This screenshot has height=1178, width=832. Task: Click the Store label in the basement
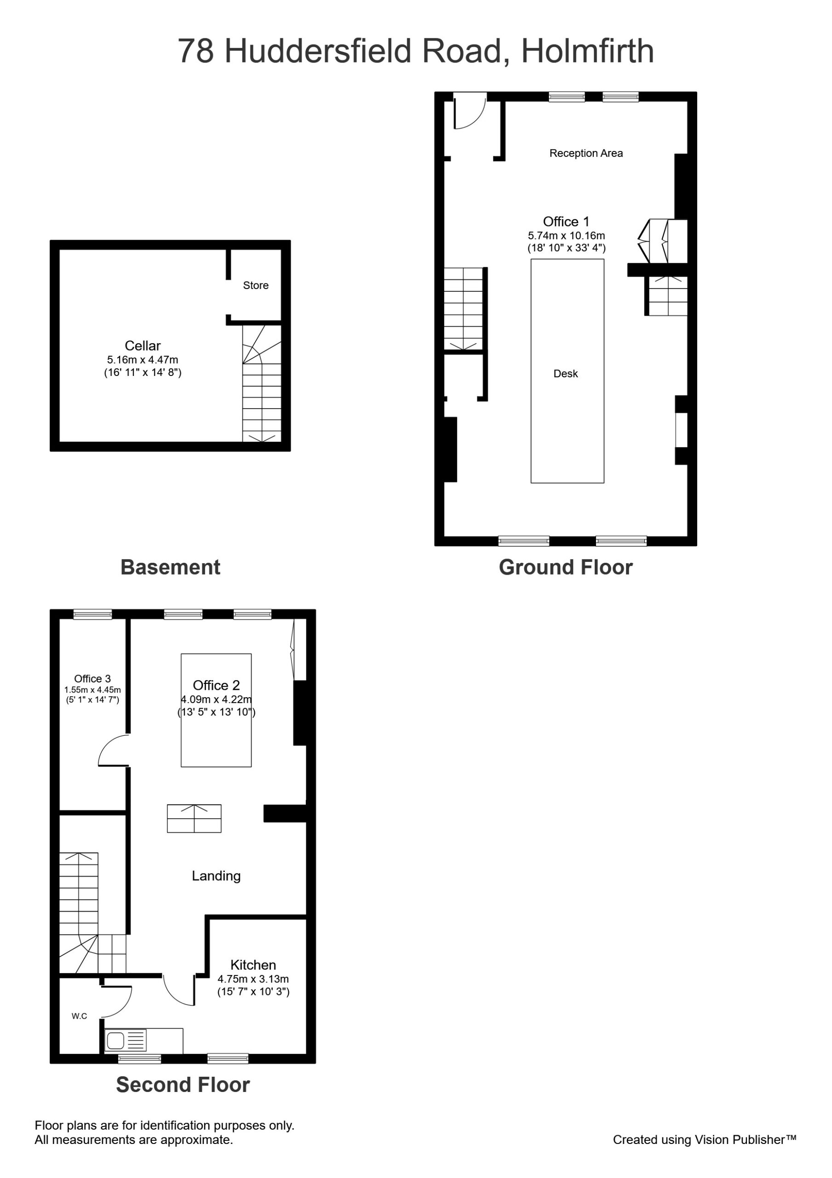tap(255, 285)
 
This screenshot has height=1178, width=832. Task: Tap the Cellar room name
tap(143, 346)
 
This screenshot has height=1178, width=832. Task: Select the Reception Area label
tap(586, 153)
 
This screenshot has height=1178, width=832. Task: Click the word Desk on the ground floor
tap(565, 374)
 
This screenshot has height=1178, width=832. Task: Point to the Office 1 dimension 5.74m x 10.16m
tap(566, 236)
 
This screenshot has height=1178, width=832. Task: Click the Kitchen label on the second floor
tap(253, 965)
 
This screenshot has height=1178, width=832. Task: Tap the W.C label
tap(79, 1016)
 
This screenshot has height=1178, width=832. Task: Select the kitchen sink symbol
tap(126, 1040)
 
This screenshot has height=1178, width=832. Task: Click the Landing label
tap(216, 876)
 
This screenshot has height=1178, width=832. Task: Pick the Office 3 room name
tap(92, 679)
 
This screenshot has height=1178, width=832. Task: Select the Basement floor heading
tap(170, 567)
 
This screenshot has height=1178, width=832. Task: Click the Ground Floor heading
tap(566, 567)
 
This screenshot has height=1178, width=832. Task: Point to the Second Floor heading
tap(183, 1085)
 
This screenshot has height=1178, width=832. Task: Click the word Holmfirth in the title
tap(588, 51)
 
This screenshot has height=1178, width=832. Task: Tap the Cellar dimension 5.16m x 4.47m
tap(143, 360)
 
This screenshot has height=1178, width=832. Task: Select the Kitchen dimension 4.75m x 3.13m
tap(253, 979)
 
